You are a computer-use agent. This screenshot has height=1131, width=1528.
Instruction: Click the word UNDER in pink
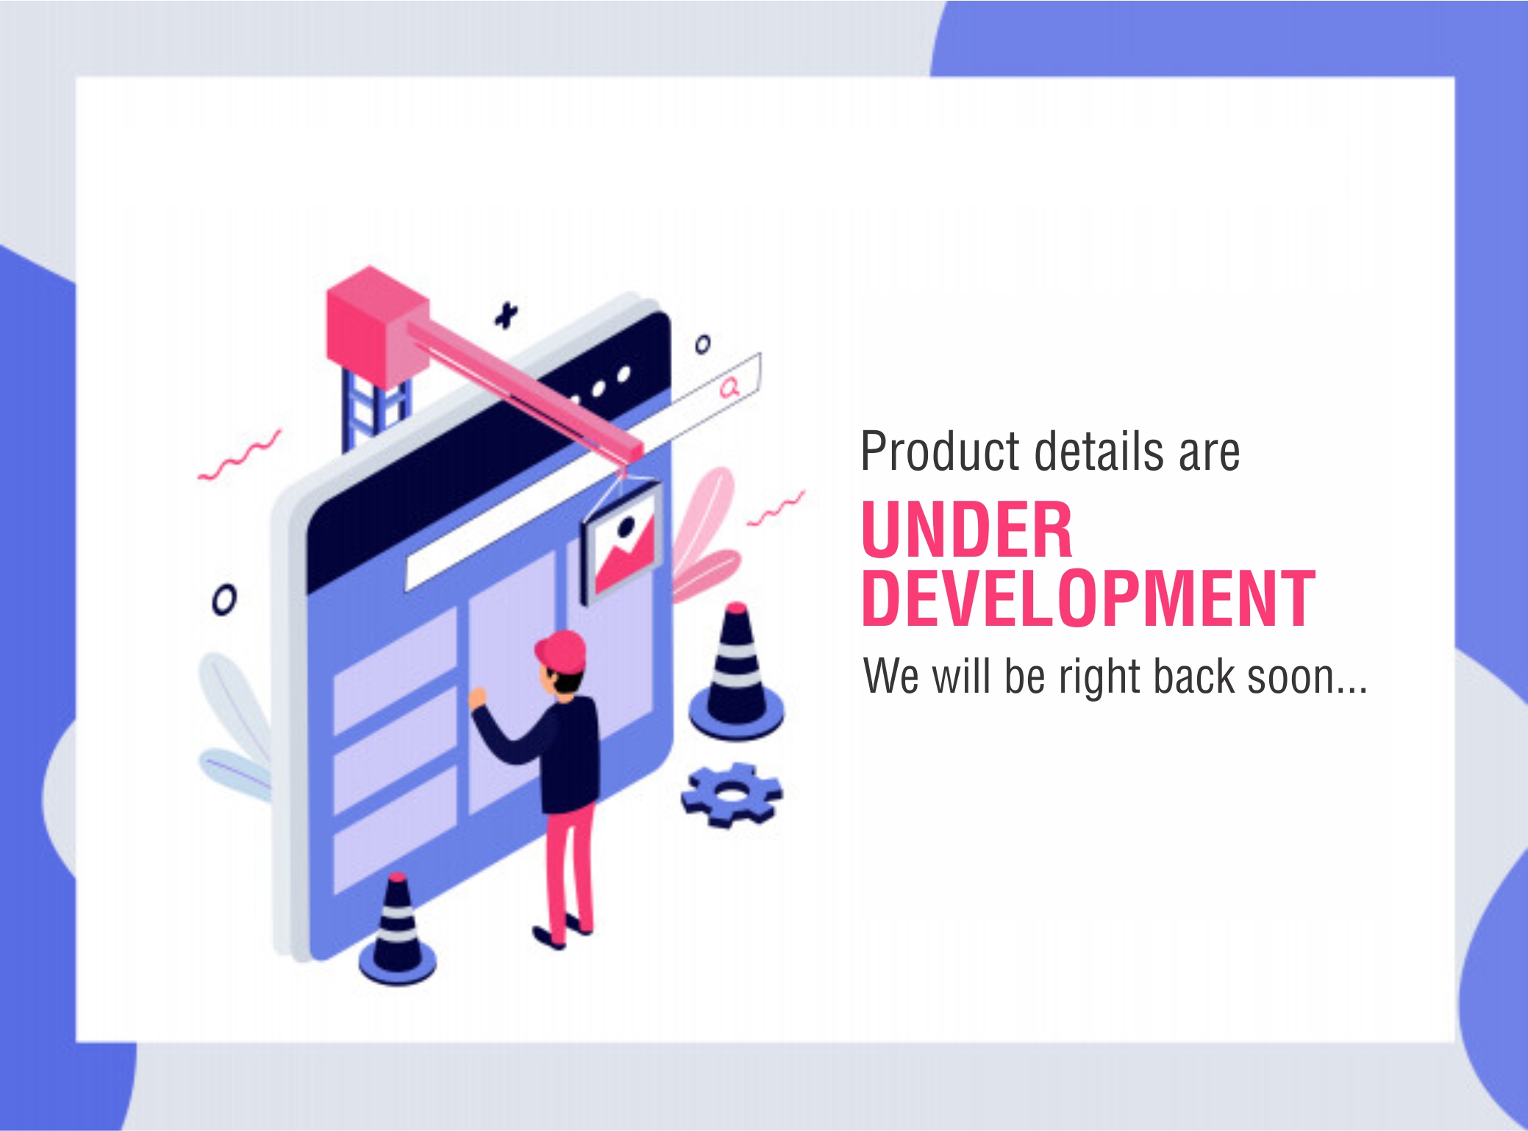pos(967,529)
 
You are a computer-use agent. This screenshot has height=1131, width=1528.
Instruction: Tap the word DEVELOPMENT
pos(1088,599)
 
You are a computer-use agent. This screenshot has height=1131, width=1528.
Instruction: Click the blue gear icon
pos(732,794)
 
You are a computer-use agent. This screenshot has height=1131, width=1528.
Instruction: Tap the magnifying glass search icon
pos(729,387)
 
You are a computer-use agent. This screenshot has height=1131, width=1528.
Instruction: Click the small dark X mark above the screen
pos(505,315)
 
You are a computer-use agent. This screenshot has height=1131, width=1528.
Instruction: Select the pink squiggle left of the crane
pos(239,455)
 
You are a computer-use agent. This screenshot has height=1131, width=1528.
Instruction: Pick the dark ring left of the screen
pos(224,600)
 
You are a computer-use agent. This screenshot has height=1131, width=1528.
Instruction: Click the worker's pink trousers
pos(568,871)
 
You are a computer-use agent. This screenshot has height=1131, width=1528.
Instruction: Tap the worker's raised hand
pos(478,697)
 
